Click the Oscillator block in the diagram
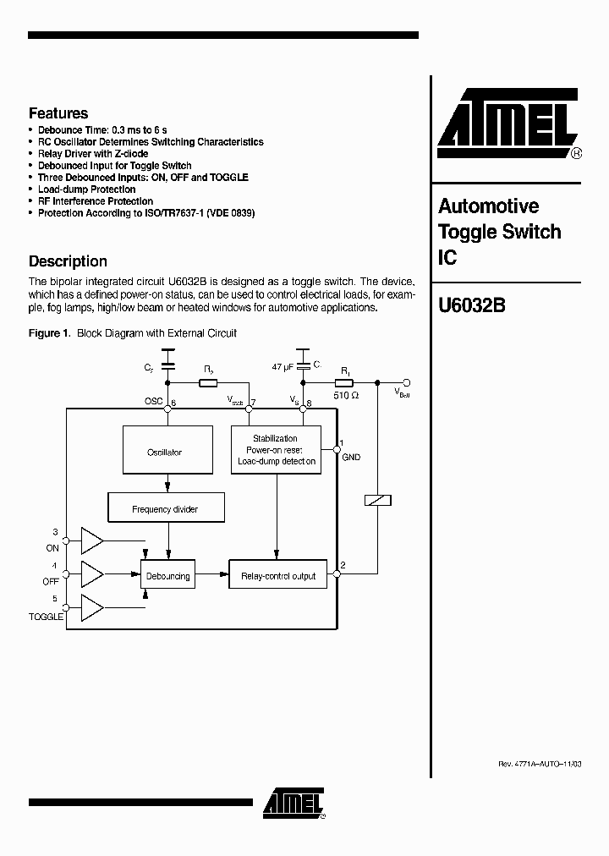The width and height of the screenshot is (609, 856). coord(164,453)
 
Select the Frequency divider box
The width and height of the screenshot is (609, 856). coord(165,508)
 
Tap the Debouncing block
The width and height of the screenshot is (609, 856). coord(167,576)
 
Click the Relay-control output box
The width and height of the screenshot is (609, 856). coord(278,576)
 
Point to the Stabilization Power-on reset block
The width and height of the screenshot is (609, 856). coord(275,450)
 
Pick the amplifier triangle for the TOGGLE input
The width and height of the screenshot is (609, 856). coord(91,607)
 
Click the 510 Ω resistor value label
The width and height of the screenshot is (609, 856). coord(345,393)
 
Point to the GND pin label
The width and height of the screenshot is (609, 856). coord(351,458)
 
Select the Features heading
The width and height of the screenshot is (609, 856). coord(58,113)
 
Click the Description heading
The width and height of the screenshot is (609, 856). coord(68,261)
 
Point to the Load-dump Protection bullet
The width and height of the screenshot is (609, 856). coord(86,189)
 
